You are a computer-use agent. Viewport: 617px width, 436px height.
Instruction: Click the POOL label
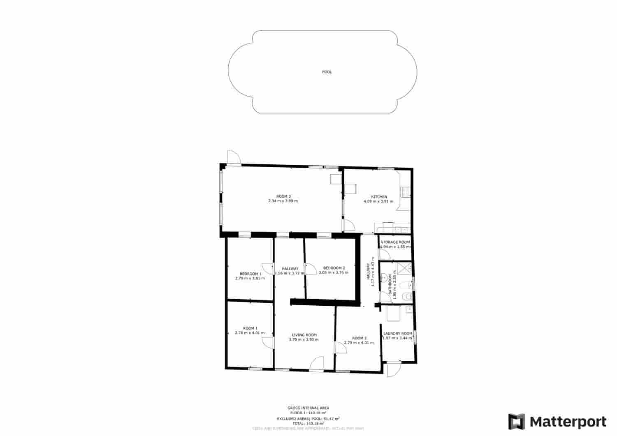[x=327, y=72]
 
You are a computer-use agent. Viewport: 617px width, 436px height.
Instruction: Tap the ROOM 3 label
[x=283, y=196]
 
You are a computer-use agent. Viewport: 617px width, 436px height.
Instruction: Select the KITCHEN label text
[x=379, y=197]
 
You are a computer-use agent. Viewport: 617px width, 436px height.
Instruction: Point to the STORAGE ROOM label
[x=395, y=242]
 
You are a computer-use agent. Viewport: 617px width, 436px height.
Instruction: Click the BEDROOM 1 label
[x=251, y=274]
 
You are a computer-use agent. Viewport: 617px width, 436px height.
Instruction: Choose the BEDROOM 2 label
[x=334, y=268]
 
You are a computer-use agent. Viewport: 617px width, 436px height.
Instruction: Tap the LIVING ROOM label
[x=304, y=335]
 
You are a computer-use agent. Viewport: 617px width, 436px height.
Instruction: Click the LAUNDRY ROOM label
[x=398, y=333]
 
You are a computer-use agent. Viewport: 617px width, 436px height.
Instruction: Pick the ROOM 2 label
[x=359, y=338]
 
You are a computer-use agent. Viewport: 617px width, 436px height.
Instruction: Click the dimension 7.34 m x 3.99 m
[x=283, y=201]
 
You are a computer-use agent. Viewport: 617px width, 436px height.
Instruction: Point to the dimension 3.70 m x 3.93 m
[x=304, y=340]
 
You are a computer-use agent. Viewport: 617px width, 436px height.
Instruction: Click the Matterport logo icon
[x=517, y=422]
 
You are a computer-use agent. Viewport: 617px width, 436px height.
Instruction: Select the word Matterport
[x=568, y=422]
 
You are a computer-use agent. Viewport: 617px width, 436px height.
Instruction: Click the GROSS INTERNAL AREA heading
[x=308, y=408]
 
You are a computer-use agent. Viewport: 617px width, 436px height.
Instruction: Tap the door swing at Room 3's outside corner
[x=233, y=157]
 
